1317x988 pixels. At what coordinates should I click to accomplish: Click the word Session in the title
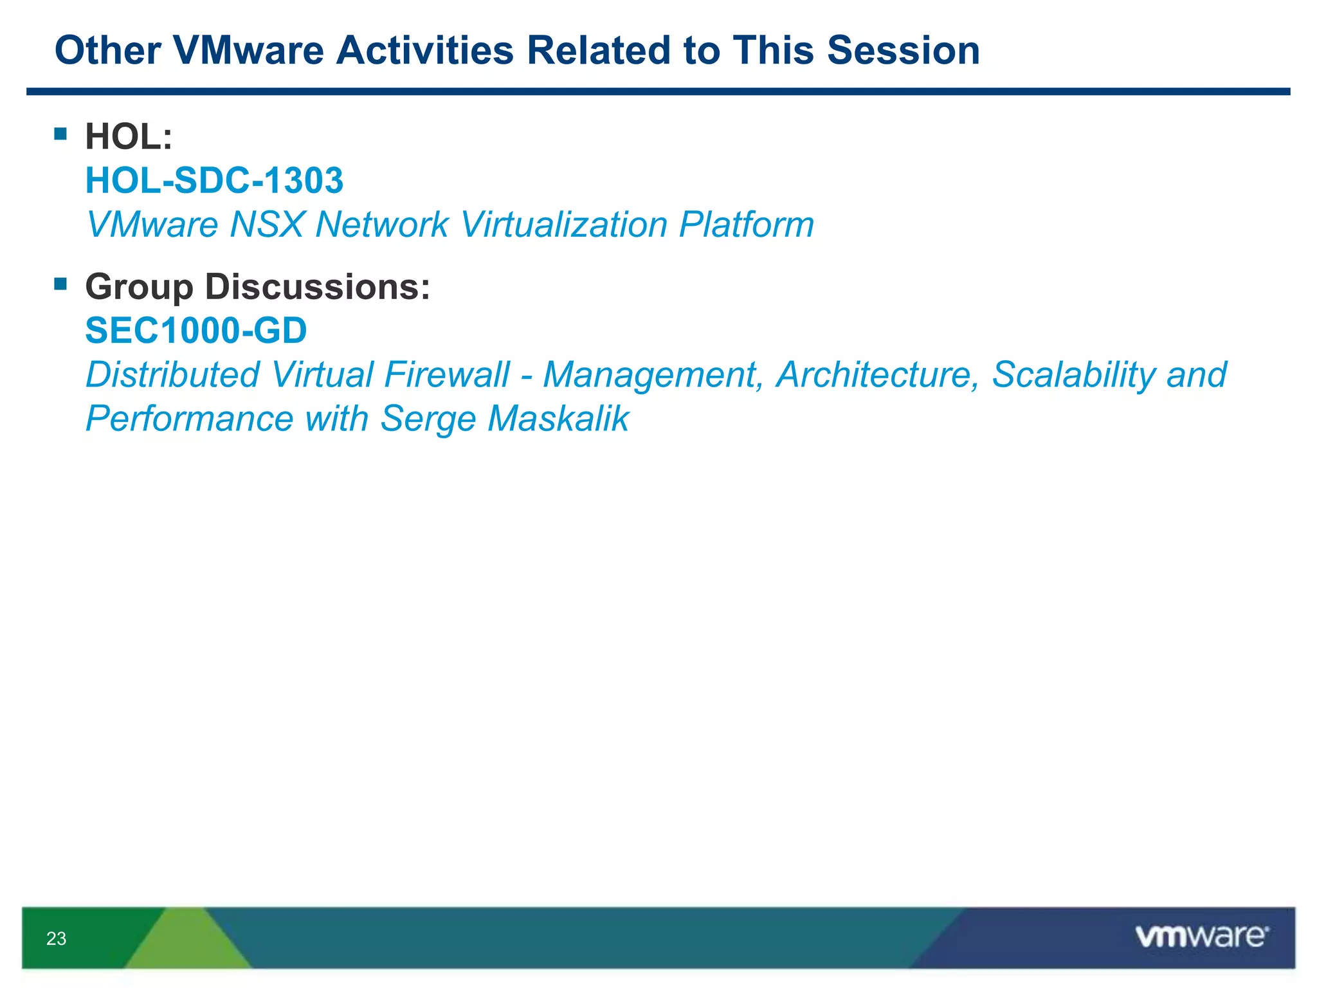tap(903, 50)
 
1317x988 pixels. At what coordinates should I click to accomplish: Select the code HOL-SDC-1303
tap(214, 180)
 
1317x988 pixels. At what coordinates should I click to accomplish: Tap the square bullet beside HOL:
tap(60, 134)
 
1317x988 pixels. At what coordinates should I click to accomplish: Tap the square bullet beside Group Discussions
tap(60, 284)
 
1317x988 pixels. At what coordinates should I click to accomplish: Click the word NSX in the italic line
tap(266, 224)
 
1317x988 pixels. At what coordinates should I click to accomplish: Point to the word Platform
tap(746, 224)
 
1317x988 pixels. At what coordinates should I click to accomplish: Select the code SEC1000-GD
tap(196, 331)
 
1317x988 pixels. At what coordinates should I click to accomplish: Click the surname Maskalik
tap(558, 419)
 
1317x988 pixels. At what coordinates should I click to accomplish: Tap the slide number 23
tap(56, 938)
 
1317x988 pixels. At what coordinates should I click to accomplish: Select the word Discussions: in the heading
tap(317, 287)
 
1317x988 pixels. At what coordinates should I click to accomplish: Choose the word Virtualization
tap(564, 224)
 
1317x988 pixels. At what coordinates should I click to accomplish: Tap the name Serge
tap(428, 419)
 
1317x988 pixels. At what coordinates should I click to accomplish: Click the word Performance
tap(190, 419)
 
